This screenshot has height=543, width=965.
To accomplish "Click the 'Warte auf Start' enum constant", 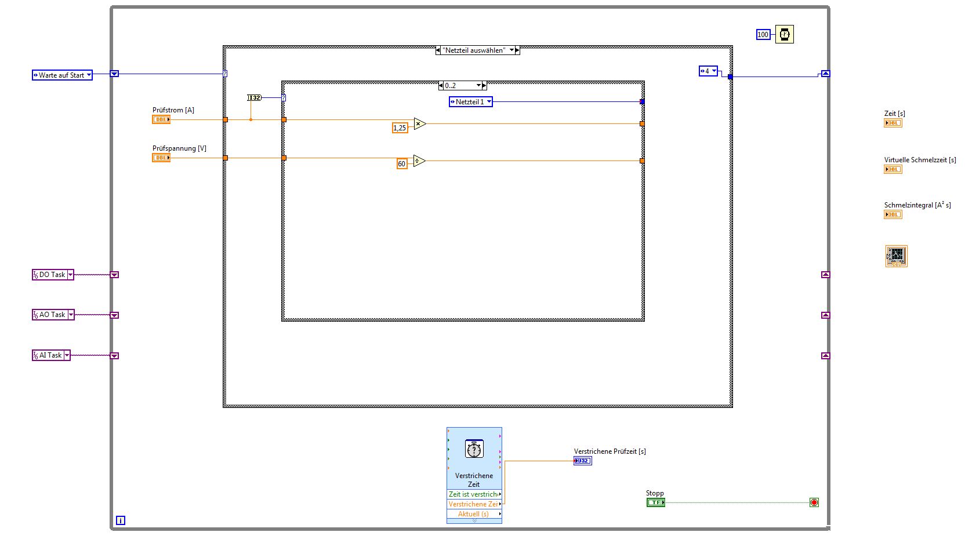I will coord(61,75).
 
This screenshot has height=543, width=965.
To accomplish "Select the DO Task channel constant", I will coord(52,275).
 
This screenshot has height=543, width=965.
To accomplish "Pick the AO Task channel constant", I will coord(52,315).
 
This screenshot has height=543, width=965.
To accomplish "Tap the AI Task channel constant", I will coord(50,355).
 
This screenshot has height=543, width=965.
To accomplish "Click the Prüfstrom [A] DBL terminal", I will coord(161,119).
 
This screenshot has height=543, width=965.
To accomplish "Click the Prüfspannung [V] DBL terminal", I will coord(161,158).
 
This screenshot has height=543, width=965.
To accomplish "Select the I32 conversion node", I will coord(255,98).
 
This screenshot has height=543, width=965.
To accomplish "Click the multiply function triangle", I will coord(419,123).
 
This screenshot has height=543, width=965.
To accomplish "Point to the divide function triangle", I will coord(419,161).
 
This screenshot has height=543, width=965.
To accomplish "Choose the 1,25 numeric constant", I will coord(400,128).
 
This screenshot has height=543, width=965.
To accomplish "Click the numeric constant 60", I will coord(401,164).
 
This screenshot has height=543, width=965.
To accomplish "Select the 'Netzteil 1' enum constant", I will coord(470,102).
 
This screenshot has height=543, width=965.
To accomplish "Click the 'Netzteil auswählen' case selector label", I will coord(477,50).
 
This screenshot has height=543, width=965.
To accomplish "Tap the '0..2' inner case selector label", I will coord(462,86).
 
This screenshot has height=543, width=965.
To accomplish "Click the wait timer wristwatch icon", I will coord(785,35).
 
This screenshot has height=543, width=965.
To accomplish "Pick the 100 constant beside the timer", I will coord(763,35).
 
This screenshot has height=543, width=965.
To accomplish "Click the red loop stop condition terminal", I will coord(814,502).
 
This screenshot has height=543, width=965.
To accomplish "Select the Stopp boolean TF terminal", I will coord(655,502).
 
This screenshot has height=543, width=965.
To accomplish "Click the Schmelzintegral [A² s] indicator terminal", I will coord(893,215).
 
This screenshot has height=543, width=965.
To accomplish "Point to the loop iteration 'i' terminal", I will coord(121,520).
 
